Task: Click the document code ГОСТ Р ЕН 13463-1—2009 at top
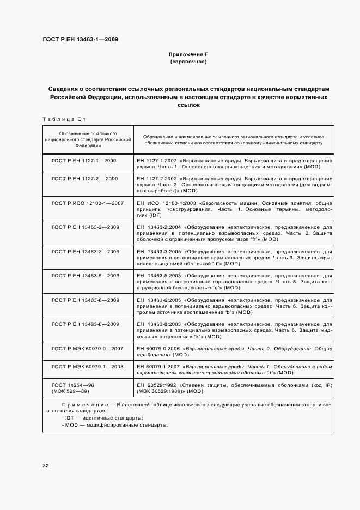(80, 39)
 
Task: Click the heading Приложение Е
(188, 55)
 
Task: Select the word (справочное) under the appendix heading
(188, 62)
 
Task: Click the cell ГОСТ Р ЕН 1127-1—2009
(84, 161)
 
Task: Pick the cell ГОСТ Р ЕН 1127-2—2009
(84, 178)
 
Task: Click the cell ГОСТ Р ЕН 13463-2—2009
(86, 226)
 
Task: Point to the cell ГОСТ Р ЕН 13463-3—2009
(86, 251)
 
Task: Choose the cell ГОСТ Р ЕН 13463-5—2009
(86, 275)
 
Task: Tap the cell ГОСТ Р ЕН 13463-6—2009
(86, 300)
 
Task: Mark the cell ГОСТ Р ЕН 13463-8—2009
(86, 324)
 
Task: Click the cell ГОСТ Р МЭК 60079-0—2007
(88, 348)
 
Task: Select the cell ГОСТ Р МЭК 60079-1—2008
(88, 366)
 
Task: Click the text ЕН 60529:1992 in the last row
(154, 385)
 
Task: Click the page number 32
(45, 465)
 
